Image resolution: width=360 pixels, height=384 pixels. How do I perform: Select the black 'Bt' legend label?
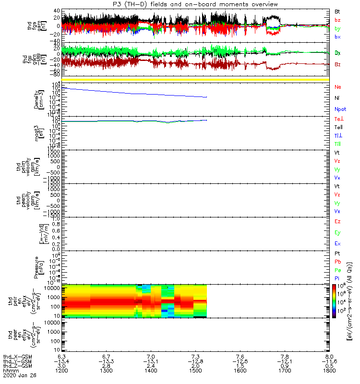pyautogui.click(x=338, y=11)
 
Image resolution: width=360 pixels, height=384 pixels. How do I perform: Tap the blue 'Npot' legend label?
pyautogui.click(x=340, y=109)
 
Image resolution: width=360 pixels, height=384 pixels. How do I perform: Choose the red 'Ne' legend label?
pyautogui.click(x=337, y=87)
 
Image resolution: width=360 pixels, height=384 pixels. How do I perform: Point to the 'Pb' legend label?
pyautogui.click(x=338, y=262)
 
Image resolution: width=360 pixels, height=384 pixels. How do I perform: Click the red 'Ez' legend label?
pyautogui.click(x=337, y=221)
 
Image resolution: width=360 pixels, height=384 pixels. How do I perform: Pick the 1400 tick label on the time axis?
pyautogui.click(x=151, y=372)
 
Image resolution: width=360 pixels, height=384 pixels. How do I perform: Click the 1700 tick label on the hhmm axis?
pyautogui.click(x=285, y=372)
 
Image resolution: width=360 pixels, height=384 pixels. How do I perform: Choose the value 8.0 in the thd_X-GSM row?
pyautogui.click(x=329, y=356)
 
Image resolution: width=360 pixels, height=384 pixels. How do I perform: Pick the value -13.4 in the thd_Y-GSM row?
pyautogui.click(x=61, y=361)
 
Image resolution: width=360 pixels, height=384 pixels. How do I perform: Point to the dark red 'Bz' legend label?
pyautogui.click(x=338, y=64)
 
